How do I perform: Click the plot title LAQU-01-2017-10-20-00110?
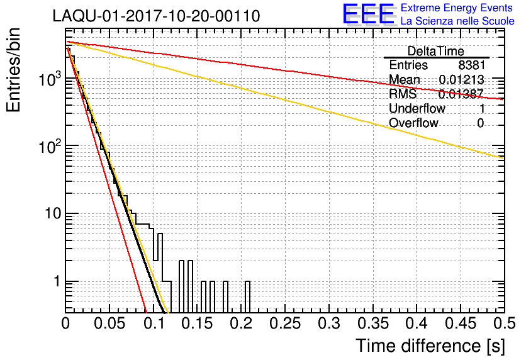click(157, 16)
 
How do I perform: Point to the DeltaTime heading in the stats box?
click(436, 51)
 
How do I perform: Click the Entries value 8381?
click(471, 65)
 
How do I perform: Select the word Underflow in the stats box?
click(417, 109)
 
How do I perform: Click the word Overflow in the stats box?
click(413, 123)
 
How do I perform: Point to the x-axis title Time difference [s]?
click(430, 346)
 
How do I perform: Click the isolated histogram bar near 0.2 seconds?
click(247, 296)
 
